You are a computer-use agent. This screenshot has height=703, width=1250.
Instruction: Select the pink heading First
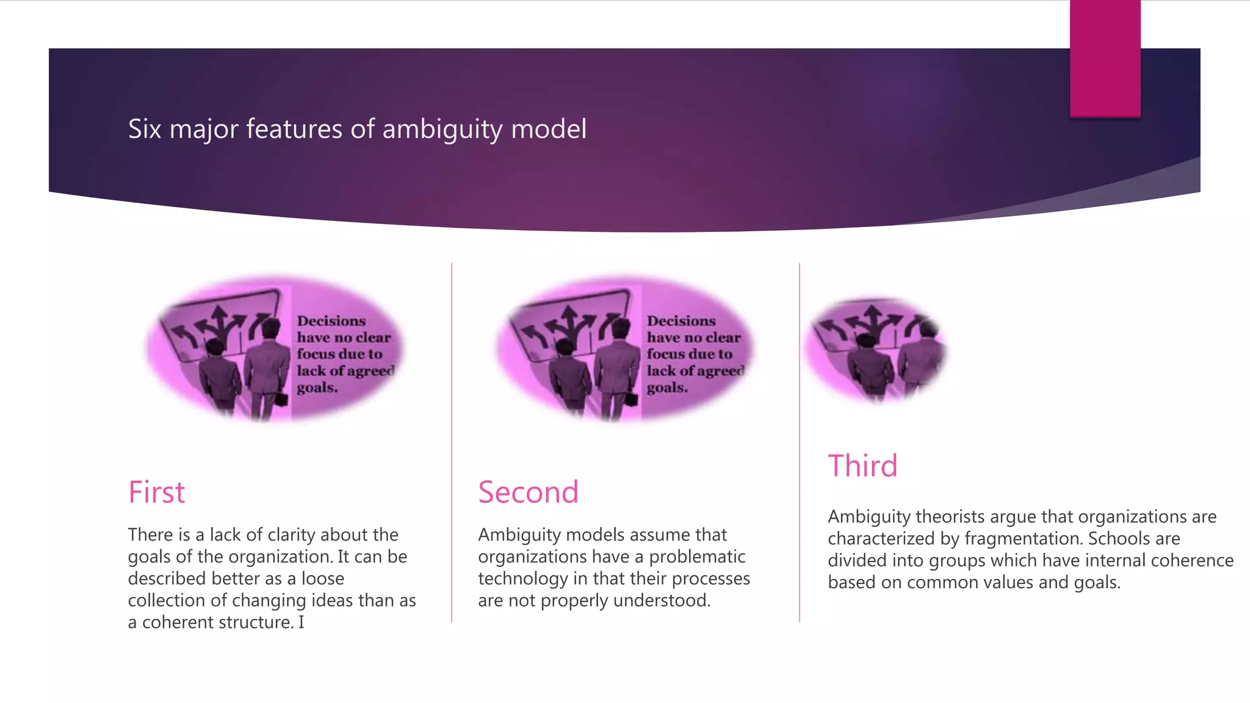point(156,492)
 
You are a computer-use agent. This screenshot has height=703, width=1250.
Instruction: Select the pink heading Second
point(528,492)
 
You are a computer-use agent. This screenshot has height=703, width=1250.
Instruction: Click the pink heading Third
point(862,466)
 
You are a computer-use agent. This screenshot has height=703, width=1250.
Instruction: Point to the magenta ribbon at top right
point(1105,58)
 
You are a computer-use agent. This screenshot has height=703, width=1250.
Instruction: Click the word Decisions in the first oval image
point(331,321)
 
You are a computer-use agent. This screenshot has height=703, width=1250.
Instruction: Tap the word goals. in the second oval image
point(667,388)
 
